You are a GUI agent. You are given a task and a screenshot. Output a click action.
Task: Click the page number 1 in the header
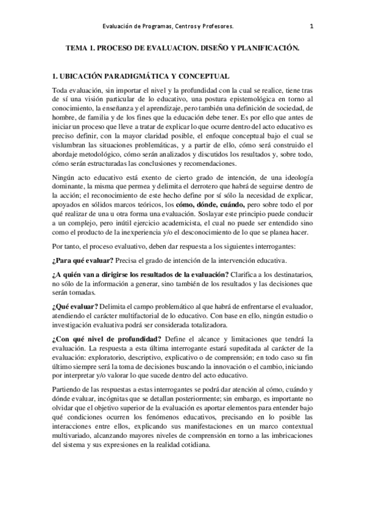(x=311, y=26)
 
